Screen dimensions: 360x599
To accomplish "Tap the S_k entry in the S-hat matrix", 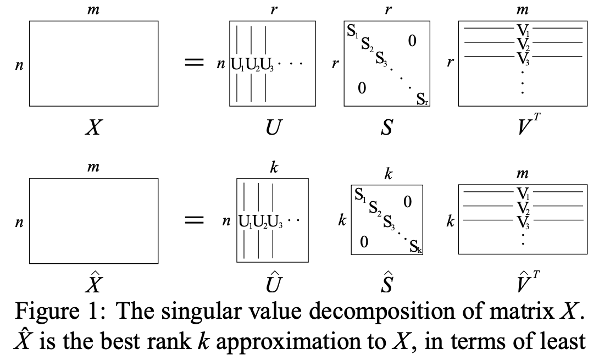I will (x=415, y=248).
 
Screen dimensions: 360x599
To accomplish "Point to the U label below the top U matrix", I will (x=272, y=129).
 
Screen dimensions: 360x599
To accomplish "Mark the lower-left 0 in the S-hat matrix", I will (x=363, y=241).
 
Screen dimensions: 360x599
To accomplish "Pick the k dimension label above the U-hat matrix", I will (x=274, y=169).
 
